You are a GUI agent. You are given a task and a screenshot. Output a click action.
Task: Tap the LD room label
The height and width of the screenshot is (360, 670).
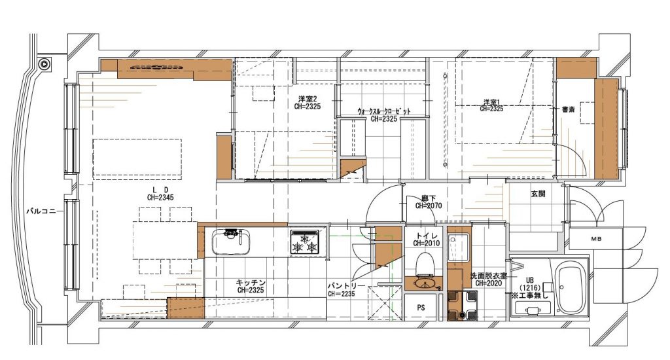coord(160,189)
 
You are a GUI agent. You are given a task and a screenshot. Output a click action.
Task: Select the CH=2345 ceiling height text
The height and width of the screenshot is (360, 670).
coord(160,198)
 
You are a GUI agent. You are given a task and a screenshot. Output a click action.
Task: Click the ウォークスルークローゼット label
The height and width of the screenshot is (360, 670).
coord(383,111)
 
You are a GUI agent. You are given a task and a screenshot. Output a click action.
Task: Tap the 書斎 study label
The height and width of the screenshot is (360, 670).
coord(569,109)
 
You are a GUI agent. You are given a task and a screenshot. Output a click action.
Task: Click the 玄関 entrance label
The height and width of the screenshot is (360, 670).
coord(538,194)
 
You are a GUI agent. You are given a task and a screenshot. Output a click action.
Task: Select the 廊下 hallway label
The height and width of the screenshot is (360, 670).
coord(429,198)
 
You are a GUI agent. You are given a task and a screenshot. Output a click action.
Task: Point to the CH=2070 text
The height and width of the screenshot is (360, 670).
coord(429,206)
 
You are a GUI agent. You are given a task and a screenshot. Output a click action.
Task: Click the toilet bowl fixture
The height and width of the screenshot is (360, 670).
coord(425,263)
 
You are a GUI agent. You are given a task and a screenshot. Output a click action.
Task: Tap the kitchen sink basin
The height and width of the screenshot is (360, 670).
coord(231,242)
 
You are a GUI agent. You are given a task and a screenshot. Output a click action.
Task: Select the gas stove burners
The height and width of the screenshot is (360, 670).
coord(305,243)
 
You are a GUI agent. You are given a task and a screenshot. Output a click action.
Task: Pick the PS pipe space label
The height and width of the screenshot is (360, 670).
coord(421,308)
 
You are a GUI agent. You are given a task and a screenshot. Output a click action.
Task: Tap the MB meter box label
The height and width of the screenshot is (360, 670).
coord(596,239)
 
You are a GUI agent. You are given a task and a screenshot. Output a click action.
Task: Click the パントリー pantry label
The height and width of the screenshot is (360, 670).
coord(346,285)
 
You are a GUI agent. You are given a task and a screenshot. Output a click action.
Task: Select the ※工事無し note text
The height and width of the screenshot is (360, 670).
coord(529,295)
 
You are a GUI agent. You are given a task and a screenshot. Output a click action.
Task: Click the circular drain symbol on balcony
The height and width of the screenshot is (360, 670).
coord(44,65)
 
